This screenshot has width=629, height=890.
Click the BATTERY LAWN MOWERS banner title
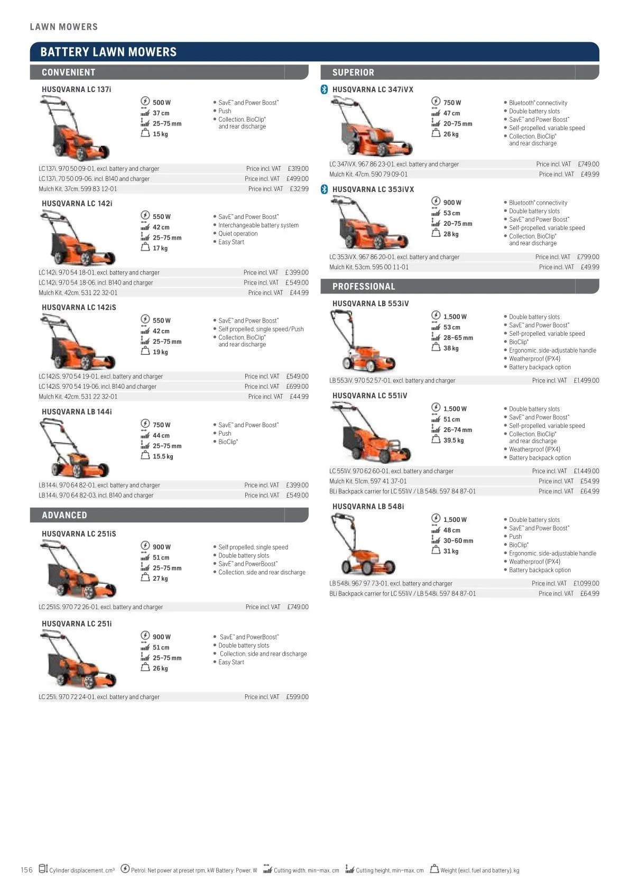point(108,52)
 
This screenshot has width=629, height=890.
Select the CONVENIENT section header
point(68,72)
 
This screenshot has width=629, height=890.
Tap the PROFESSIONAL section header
point(364,287)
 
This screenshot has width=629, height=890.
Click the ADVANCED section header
point(64,515)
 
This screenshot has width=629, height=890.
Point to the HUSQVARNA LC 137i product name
point(77,89)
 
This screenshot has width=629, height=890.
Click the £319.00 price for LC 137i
point(298,169)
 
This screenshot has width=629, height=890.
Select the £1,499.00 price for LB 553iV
point(586,380)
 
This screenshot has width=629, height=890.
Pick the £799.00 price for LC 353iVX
point(588,257)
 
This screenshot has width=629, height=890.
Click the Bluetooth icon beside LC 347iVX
point(325,90)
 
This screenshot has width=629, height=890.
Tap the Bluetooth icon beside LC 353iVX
point(325,189)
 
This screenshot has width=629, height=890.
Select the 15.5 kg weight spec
point(163,456)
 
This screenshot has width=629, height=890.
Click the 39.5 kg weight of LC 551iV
point(454,440)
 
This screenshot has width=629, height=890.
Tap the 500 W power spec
point(162,103)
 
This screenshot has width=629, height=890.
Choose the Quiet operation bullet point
point(238,234)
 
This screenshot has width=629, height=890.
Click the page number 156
point(26,870)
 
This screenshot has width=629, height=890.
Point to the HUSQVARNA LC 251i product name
point(77,623)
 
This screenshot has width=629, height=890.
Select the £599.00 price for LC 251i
point(297,697)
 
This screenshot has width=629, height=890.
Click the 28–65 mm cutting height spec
point(458,338)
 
